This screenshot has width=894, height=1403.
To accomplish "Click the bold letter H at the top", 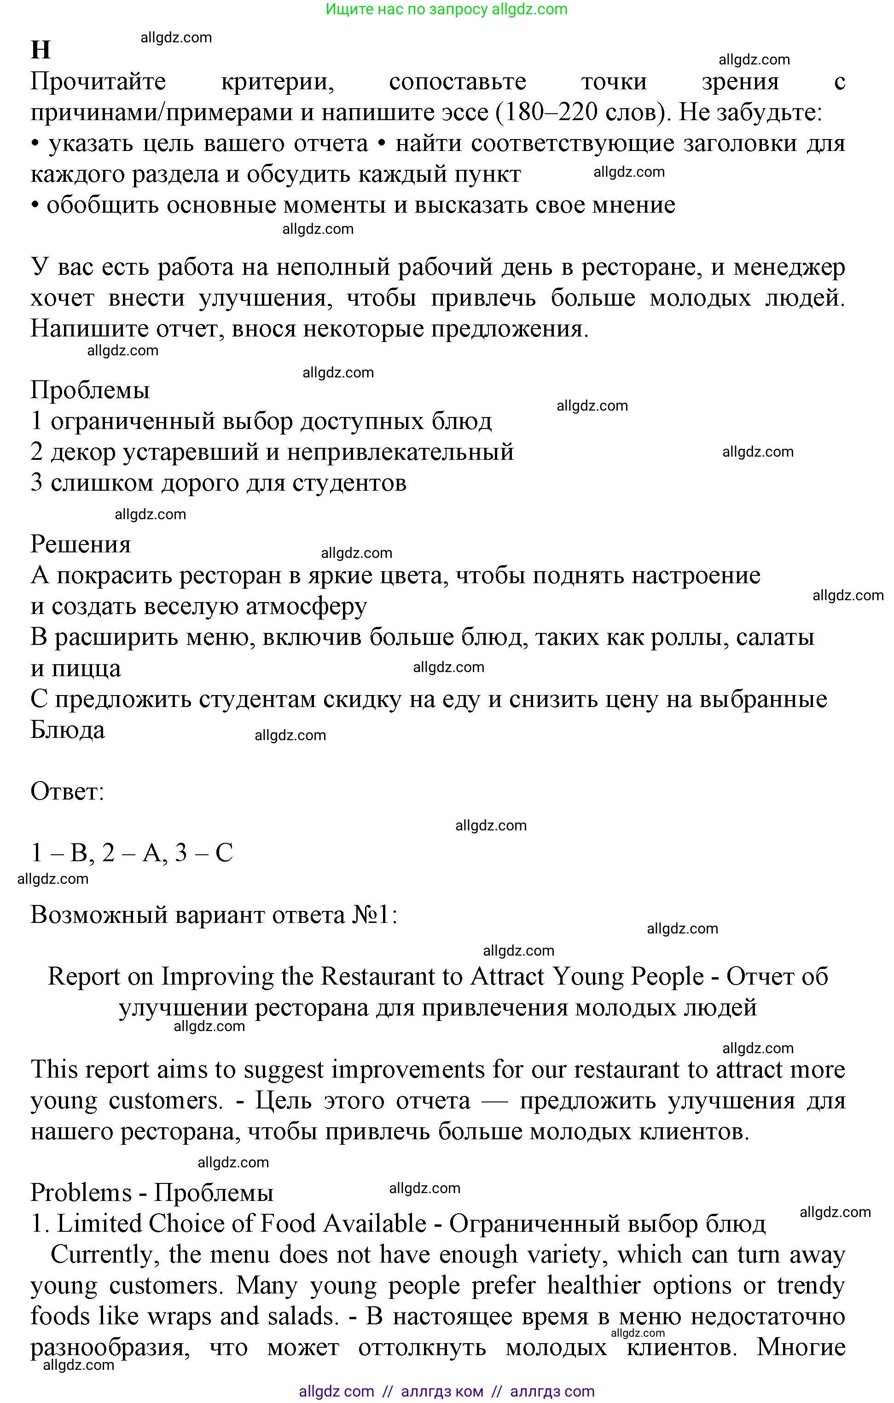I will tap(40, 51).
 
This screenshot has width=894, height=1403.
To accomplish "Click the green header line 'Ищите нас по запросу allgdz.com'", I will tap(447, 9).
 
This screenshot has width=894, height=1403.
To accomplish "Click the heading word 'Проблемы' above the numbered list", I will tap(90, 390).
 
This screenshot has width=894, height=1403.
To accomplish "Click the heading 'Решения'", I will tap(81, 544).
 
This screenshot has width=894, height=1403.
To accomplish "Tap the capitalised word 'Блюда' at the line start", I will tap(68, 730).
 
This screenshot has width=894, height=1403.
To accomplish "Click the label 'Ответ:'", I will tap(67, 792).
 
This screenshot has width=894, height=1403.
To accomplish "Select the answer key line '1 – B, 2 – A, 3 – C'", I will tap(132, 853).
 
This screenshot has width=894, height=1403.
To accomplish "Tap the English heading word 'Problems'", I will tap(81, 1193).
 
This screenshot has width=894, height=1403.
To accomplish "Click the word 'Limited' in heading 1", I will tap(99, 1223).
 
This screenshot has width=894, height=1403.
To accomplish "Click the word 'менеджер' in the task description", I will tap(789, 267).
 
